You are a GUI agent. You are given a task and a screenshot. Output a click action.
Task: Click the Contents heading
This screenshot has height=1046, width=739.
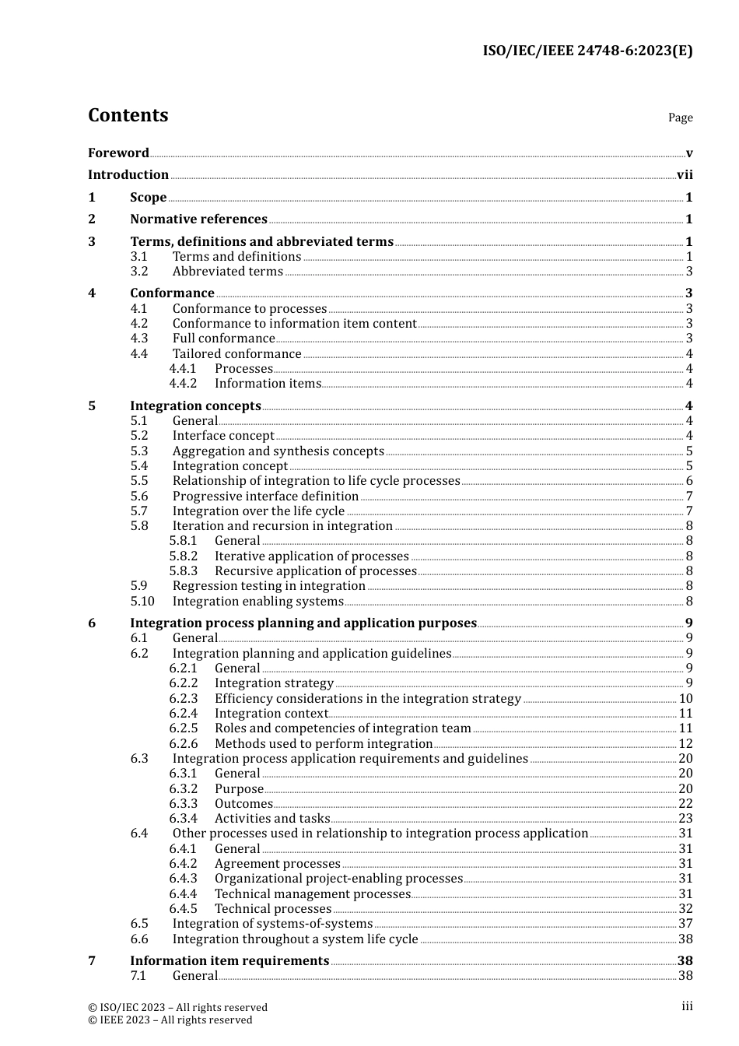[x=128, y=115]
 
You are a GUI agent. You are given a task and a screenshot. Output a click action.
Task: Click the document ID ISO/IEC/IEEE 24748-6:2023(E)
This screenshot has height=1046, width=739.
[x=587, y=51]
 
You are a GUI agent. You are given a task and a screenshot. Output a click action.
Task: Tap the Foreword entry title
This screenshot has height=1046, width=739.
[x=118, y=153]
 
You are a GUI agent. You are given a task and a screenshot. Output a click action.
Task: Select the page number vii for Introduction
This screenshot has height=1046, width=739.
[x=685, y=175]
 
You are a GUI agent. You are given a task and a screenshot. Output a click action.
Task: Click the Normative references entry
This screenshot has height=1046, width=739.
[x=198, y=219]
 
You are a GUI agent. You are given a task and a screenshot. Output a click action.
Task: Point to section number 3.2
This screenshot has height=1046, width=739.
[x=139, y=272]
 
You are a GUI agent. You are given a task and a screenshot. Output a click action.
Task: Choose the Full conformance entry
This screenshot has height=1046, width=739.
[x=223, y=339]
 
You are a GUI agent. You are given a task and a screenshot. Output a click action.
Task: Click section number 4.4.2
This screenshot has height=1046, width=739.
[x=183, y=384]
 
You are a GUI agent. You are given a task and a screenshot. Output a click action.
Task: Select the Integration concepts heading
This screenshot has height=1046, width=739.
[x=195, y=406]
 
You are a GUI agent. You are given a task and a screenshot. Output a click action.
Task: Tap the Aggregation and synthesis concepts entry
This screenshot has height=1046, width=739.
[x=278, y=451]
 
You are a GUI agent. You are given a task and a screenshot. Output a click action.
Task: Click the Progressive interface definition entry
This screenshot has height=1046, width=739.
[x=265, y=497]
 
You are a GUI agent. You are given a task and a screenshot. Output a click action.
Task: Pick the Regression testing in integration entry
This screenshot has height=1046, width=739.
[x=268, y=586]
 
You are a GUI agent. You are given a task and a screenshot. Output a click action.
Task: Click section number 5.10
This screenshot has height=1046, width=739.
[x=142, y=602]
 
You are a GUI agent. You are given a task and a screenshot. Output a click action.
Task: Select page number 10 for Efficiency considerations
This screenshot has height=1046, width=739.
[x=685, y=699]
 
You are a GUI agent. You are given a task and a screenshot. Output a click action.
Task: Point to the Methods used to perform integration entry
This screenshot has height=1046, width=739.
[x=323, y=744]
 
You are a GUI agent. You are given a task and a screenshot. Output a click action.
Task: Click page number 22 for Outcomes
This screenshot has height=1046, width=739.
[x=685, y=804]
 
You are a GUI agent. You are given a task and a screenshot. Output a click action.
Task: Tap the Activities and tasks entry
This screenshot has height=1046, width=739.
[x=272, y=819]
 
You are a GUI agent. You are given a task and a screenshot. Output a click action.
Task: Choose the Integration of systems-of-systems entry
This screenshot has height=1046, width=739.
[x=272, y=924]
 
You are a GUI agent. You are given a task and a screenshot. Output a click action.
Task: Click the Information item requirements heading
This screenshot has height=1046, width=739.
[x=229, y=961]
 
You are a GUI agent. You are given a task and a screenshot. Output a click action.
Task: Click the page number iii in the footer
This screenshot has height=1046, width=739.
[x=687, y=1006]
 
